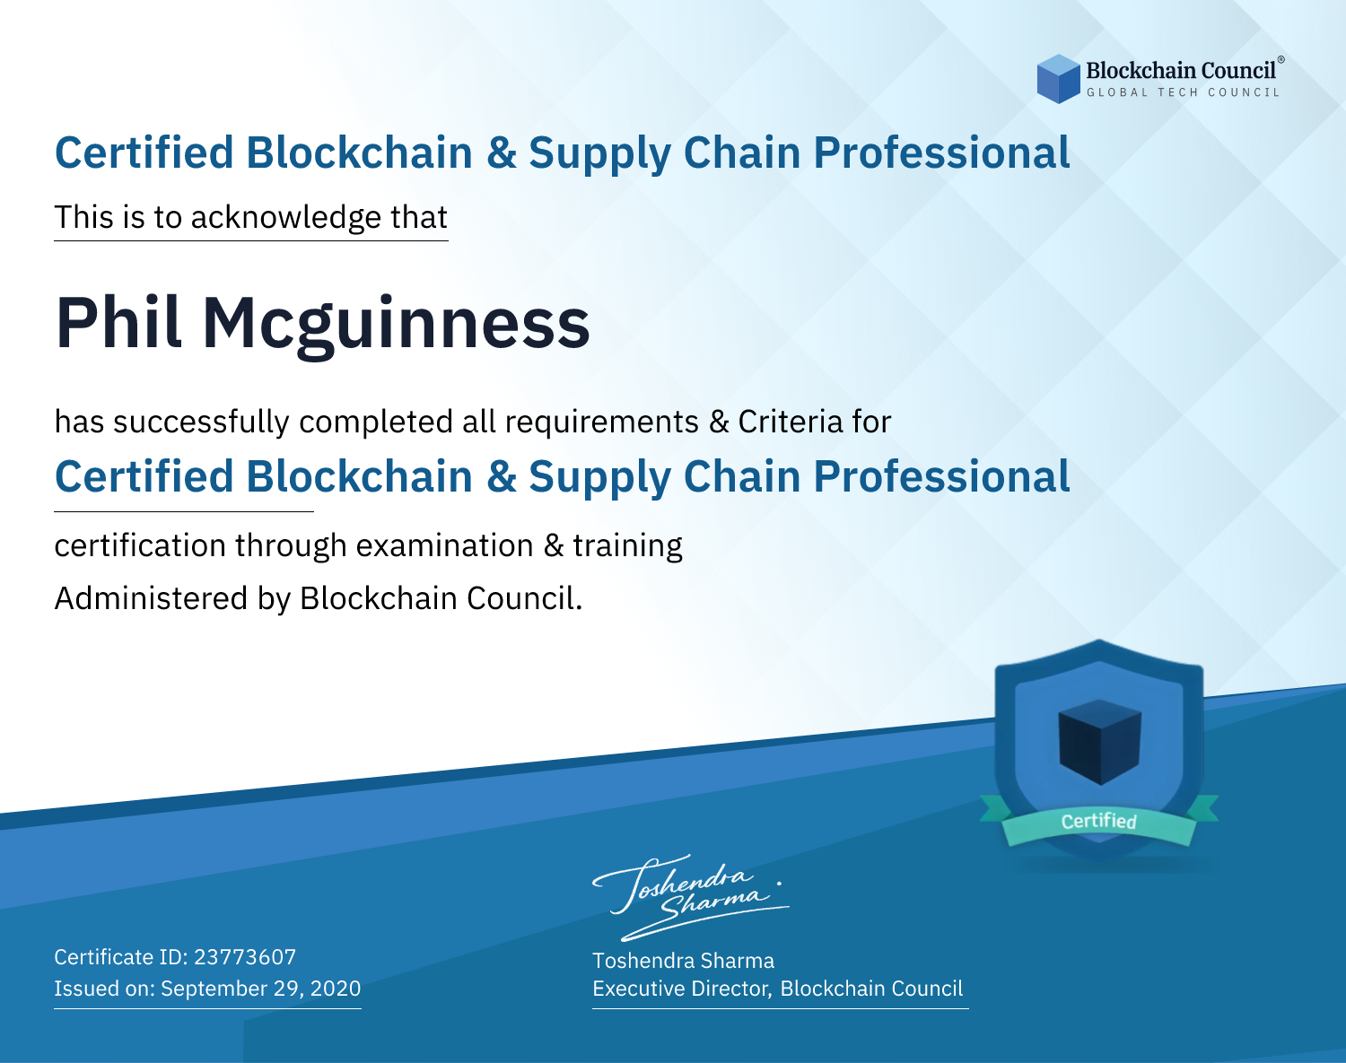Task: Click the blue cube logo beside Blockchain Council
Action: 1058,79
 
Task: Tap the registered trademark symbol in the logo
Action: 1281,60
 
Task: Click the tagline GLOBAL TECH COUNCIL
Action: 1183,92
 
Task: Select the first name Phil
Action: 118,323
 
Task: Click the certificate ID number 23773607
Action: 245,957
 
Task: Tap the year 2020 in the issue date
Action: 336,989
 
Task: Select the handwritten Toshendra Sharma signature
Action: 691,897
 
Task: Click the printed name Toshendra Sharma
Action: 683,961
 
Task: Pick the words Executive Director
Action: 681,989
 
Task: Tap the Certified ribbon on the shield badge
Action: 1099,821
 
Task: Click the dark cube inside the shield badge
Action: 1099,742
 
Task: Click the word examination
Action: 444,545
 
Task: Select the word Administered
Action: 151,598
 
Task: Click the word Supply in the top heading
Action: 599,154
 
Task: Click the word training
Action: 627,546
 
